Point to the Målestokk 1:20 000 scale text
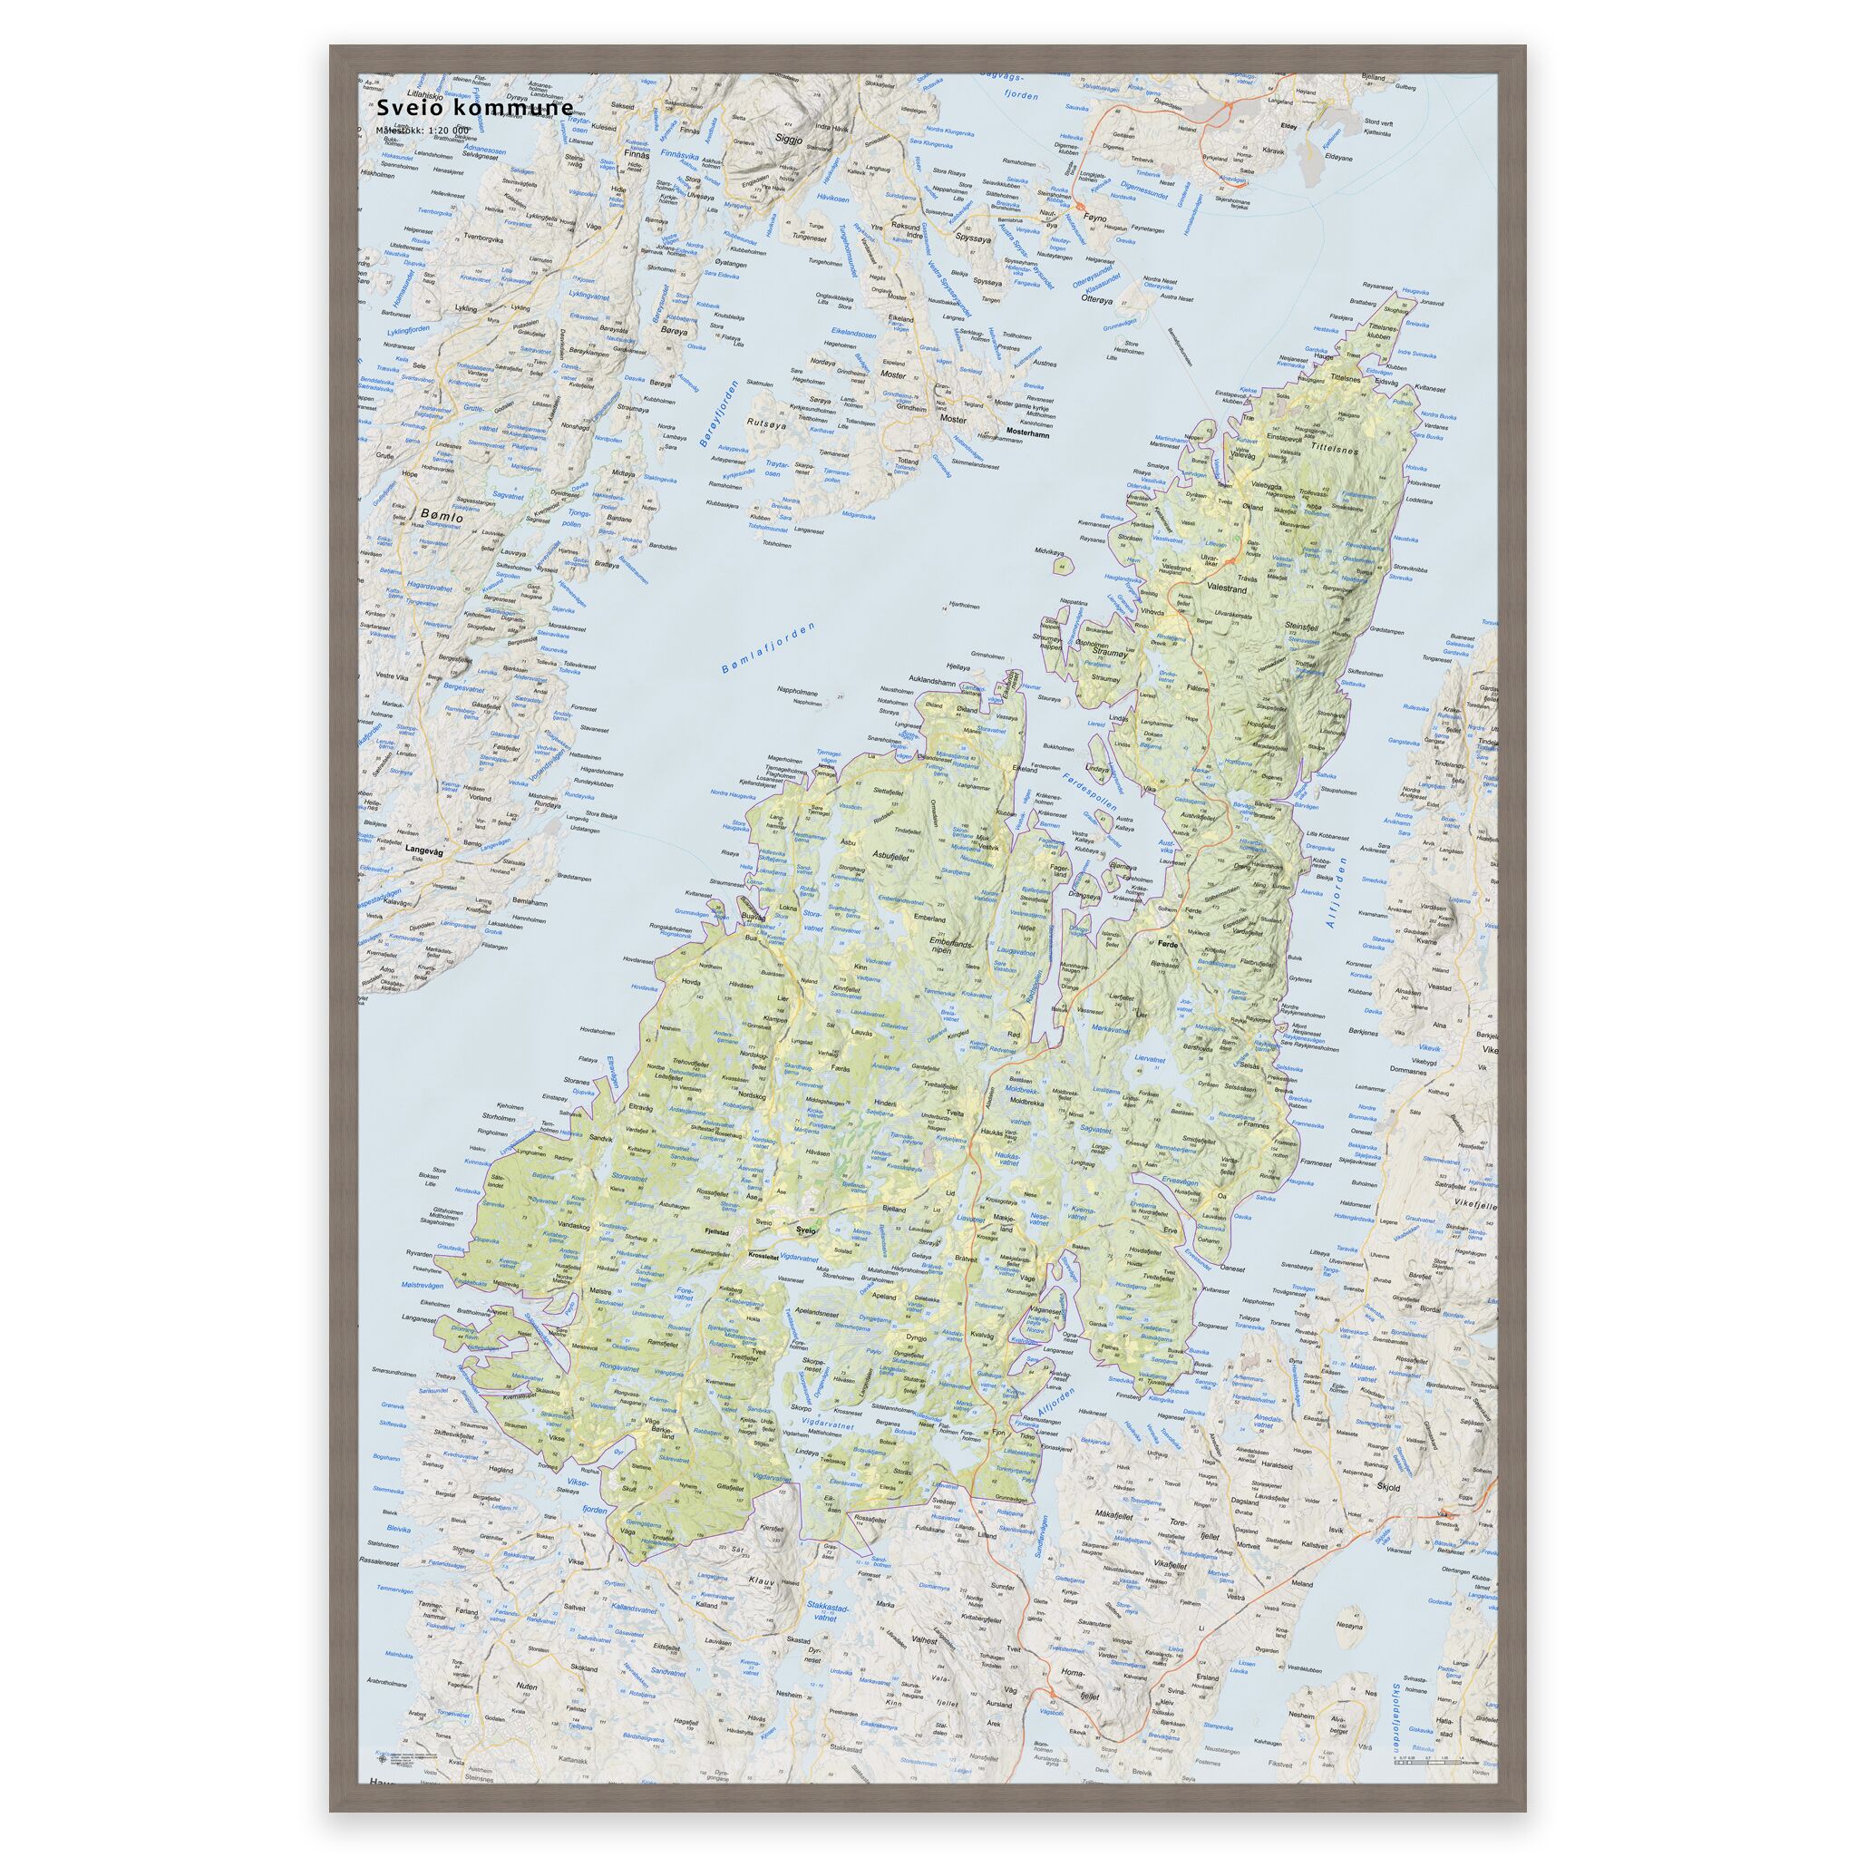click(x=422, y=130)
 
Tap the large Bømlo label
click(x=442, y=516)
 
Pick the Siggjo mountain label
click(x=789, y=137)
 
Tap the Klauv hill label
click(x=762, y=1580)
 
